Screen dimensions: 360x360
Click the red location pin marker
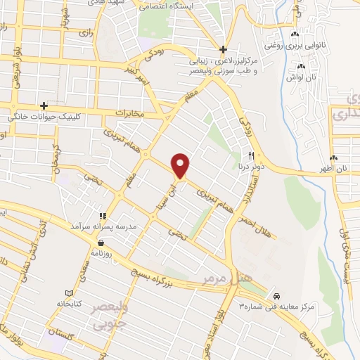(x=181, y=165)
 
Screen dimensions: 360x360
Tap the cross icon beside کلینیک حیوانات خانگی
(x=44, y=105)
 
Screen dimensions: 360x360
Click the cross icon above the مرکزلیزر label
(x=223, y=49)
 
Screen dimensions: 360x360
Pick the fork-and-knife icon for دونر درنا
(x=250, y=155)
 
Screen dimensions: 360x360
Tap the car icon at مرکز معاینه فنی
(x=277, y=296)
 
